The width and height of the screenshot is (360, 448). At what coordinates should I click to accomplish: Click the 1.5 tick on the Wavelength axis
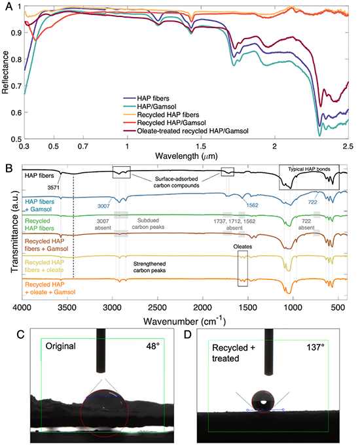[x=201, y=146]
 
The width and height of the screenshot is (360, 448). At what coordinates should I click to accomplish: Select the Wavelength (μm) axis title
[x=187, y=156]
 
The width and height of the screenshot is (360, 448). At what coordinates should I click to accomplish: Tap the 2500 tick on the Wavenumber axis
[x=158, y=307]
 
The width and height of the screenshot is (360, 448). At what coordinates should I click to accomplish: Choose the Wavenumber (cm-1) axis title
[x=185, y=321]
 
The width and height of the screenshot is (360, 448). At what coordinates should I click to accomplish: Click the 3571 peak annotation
[x=54, y=188]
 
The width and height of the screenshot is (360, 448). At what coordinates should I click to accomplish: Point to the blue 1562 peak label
[x=252, y=205]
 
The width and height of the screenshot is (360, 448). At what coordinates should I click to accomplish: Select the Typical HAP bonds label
[x=309, y=169]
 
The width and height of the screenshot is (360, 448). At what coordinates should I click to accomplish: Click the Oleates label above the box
[x=243, y=247]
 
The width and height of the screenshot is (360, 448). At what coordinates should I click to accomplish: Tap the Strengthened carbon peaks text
[x=149, y=267]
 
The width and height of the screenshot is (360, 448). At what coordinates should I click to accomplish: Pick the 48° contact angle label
[x=153, y=346]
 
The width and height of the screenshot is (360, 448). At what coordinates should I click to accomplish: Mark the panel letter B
[x=9, y=168]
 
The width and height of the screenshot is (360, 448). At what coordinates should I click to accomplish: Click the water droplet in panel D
[x=262, y=402]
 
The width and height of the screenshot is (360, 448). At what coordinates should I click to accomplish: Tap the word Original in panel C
[x=61, y=346]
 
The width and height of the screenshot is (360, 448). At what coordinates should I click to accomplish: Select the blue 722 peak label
[x=312, y=202]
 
